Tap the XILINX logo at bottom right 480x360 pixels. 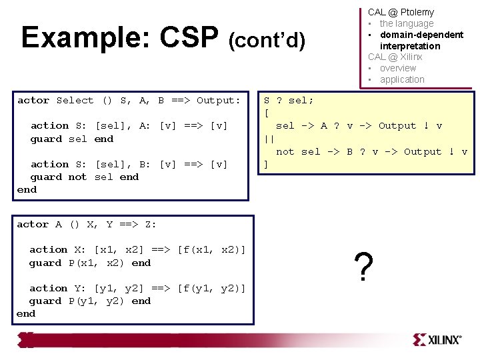tap(437, 339)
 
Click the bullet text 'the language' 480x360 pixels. tap(406, 23)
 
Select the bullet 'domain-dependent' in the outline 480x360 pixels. tap(421, 35)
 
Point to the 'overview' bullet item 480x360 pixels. tap(397, 68)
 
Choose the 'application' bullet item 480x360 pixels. tap(401, 79)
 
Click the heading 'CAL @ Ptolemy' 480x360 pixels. tap(401, 12)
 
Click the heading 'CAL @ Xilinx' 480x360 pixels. tap(395, 57)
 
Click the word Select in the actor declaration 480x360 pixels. tap(75, 101)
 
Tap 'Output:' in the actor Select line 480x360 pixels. tap(218, 101)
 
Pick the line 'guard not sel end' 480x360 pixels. tap(84, 177)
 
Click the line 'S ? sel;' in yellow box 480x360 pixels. tap(289, 101)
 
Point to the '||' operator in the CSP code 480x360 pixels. tap(269, 139)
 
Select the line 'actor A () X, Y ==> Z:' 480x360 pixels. tap(87, 225)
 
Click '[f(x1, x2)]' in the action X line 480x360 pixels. tap(211, 250)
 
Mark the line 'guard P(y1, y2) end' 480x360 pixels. tap(89, 301)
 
